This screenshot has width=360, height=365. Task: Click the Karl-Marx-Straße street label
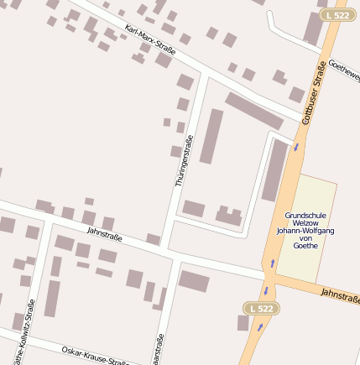[149, 41]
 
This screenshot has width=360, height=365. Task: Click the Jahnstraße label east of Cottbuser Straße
[339, 295]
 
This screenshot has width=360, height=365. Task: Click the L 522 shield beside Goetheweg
[336, 15]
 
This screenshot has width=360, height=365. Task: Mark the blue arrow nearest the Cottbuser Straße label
[295, 149]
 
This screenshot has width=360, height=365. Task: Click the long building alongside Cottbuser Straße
[274, 170]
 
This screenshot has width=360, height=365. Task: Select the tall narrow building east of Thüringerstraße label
[211, 136]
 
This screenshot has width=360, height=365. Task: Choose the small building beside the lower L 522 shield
[243, 322]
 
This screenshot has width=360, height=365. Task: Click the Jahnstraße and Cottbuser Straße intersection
[271, 277]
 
